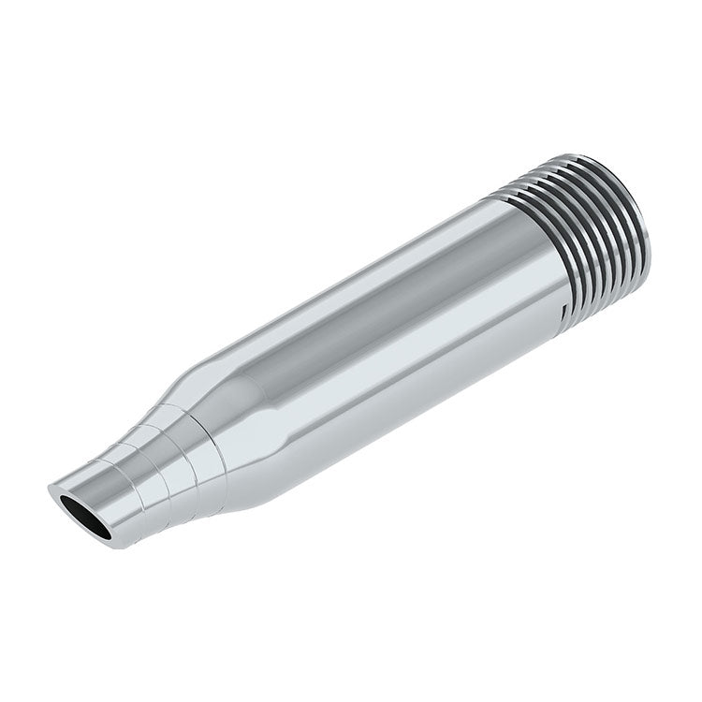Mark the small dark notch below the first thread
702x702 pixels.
coord(563,306)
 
